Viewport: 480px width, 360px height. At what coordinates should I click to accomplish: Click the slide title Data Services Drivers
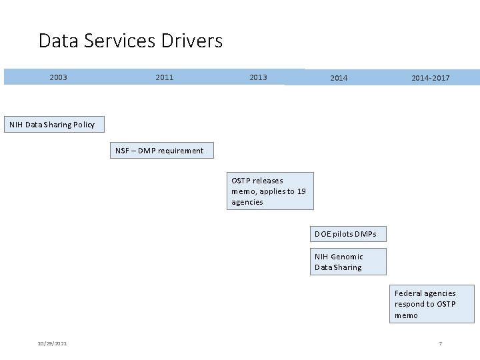click(x=131, y=41)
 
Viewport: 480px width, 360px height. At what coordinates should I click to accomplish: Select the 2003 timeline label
click(x=58, y=77)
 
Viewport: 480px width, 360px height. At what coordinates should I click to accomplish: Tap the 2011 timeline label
click(x=164, y=77)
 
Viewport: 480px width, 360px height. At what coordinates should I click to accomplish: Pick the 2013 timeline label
click(x=258, y=77)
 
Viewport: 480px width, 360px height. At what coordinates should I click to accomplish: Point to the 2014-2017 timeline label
click(x=430, y=78)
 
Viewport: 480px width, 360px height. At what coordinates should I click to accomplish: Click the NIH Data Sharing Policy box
click(x=52, y=125)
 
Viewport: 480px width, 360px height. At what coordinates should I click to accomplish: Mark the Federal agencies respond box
click(x=431, y=304)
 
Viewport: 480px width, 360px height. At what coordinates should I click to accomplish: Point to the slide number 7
click(x=440, y=343)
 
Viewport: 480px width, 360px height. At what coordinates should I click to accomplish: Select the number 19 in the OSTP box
click(x=301, y=191)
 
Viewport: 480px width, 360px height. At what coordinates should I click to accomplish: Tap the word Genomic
click(x=347, y=257)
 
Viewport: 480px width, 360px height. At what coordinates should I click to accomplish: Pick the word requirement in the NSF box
click(x=181, y=151)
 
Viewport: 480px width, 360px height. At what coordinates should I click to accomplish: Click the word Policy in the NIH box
click(x=83, y=125)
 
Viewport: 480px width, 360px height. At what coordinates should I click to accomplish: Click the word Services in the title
click(x=124, y=41)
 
